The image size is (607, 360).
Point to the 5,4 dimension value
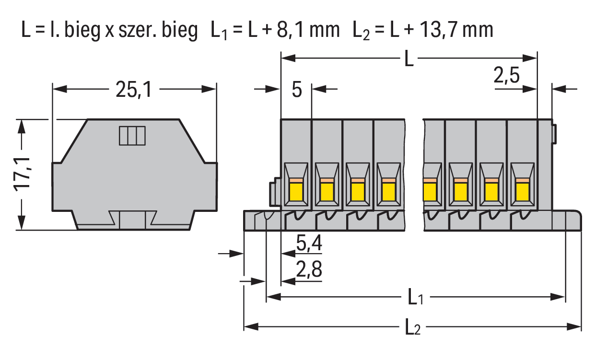pos(309,244)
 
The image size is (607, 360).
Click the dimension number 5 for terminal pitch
pos(297,90)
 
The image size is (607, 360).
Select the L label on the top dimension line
pos(408,59)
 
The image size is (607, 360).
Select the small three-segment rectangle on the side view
pos(132,136)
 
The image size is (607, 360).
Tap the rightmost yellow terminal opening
pos(521,190)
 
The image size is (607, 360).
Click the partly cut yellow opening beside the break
pos(430,190)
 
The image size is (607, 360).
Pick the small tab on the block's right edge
pos(554,134)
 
